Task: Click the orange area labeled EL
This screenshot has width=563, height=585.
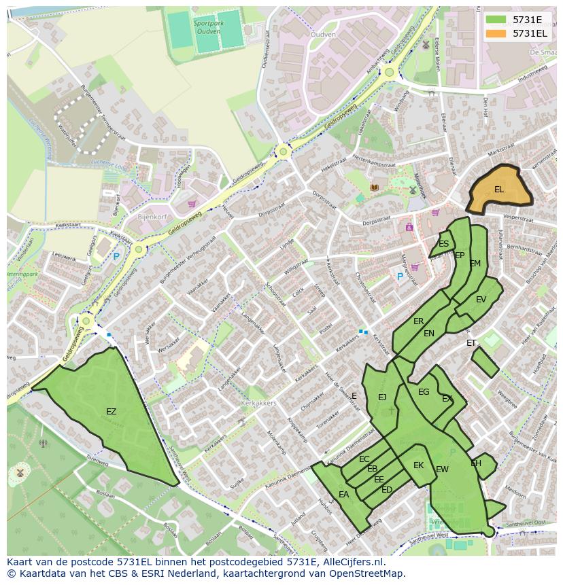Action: pyautogui.click(x=499, y=190)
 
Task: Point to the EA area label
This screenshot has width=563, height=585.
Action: pyautogui.click(x=343, y=495)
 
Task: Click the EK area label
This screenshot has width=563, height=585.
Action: pyautogui.click(x=418, y=465)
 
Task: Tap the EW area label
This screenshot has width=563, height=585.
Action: pyautogui.click(x=442, y=469)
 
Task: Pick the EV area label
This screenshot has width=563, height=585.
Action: pyautogui.click(x=481, y=300)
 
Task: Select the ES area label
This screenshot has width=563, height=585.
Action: pyautogui.click(x=443, y=244)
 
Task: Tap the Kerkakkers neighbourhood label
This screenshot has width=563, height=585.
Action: pyautogui.click(x=258, y=403)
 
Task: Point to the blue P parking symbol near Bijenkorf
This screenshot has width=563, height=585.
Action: pyautogui.click(x=116, y=257)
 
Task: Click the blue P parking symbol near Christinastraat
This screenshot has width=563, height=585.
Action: pyautogui.click(x=400, y=277)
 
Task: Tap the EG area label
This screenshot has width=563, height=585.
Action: pyautogui.click(x=424, y=392)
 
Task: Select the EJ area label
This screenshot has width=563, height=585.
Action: pyautogui.click(x=382, y=397)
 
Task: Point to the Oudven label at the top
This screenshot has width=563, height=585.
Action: pyautogui.click(x=322, y=35)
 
